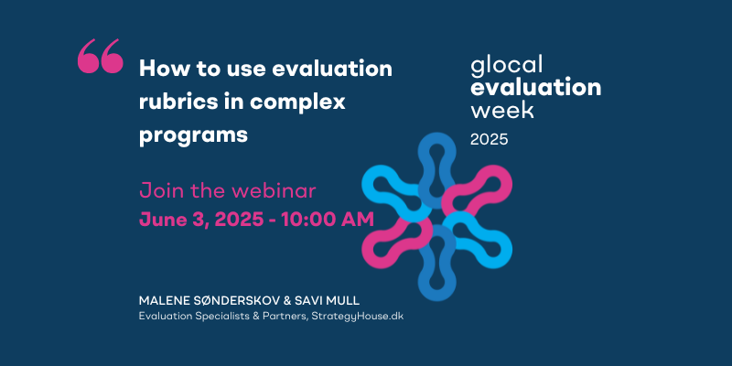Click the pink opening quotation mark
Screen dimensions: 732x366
coord(101,56)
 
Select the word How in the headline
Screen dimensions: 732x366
coord(158,70)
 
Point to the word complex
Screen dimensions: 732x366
coord(297,103)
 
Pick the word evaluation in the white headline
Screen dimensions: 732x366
coord(332,70)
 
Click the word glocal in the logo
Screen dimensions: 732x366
coord(507,65)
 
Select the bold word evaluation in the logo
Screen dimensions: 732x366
coord(536,88)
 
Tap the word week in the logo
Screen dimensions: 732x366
coord(502,109)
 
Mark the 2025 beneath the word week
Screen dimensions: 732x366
coord(490,140)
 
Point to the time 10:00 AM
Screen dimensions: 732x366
coord(328,220)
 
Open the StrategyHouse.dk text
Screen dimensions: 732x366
coord(355,317)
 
